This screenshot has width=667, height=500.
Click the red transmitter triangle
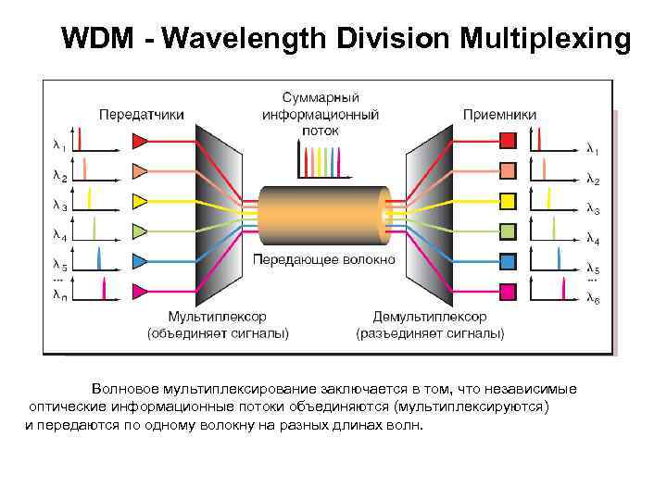[140, 141]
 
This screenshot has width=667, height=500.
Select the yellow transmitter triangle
[140, 200]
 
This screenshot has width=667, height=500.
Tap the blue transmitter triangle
[140, 260]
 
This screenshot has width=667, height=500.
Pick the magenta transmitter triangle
[140, 291]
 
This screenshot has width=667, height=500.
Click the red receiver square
[508, 141]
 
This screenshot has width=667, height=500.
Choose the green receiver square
[508, 231]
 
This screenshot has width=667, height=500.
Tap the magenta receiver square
[508, 291]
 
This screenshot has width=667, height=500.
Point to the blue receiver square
[508, 260]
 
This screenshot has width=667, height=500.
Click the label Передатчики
[141, 114]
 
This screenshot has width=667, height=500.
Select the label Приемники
[499, 114]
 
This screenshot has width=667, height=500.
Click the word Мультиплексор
[217, 317]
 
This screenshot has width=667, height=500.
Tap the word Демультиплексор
[430, 317]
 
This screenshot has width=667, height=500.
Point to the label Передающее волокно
[323, 258]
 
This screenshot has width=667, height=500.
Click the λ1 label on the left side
[58, 145]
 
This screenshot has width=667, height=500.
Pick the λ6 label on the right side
[593, 298]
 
